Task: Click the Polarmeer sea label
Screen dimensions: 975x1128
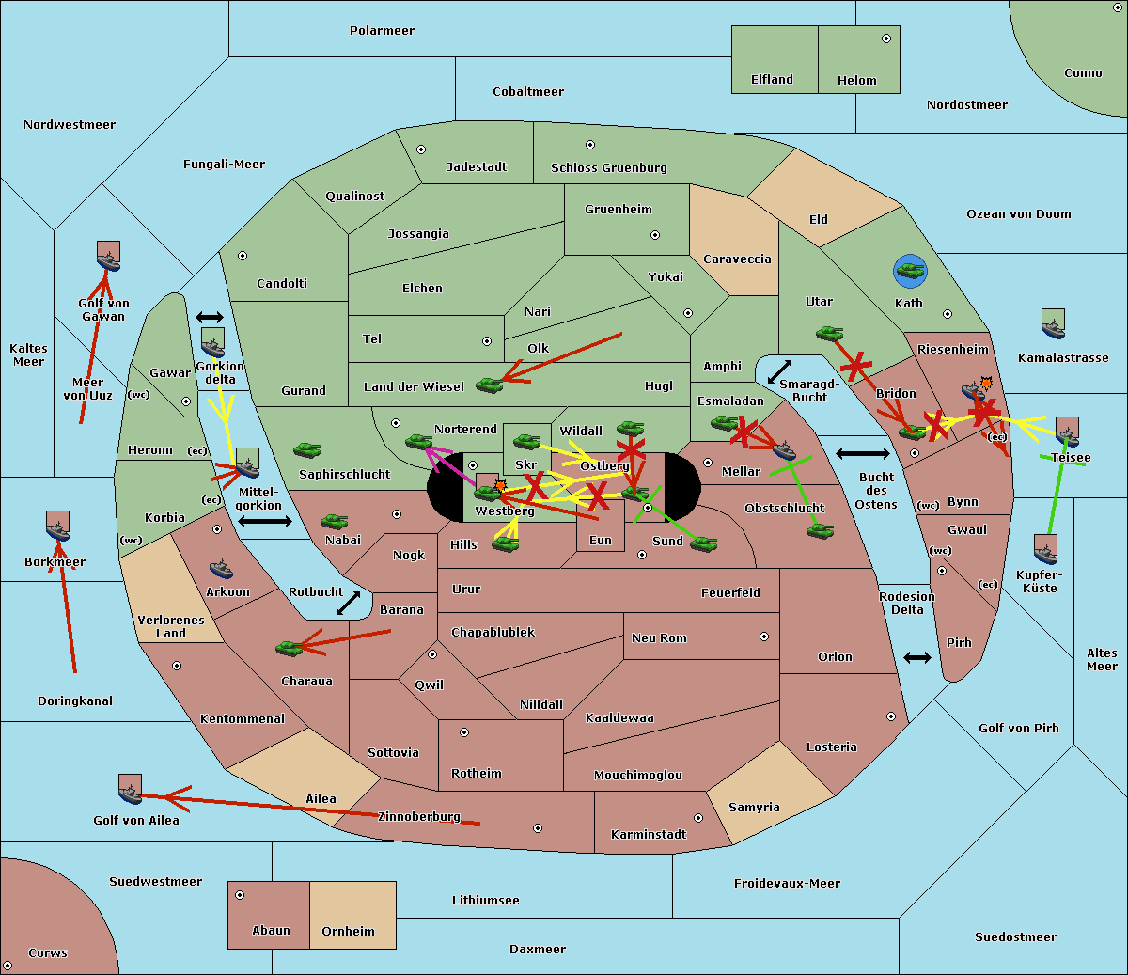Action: point(382,31)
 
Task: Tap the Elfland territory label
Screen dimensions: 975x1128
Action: point(772,80)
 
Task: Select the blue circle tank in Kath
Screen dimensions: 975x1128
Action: point(910,272)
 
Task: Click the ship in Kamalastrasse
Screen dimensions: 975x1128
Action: point(1053,324)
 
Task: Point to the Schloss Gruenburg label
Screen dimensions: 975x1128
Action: point(608,168)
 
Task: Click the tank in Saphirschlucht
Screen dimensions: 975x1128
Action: point(306,450)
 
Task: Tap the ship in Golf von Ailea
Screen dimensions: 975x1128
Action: point(130,790)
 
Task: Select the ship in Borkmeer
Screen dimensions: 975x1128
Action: point(57,527)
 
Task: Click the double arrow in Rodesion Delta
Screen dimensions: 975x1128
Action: point(917,657)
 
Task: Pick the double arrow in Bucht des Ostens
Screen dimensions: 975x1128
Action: point(862,454)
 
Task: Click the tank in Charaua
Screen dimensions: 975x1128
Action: point(290,647)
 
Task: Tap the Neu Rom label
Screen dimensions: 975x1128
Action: point(659,638)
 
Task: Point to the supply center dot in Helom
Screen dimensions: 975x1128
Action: point(885,39)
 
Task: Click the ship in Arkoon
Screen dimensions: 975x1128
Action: point(221,569)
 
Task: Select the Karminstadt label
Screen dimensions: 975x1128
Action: point(648,835)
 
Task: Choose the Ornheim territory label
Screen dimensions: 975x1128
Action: point(348,932)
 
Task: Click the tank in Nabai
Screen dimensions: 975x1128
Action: point(334,522)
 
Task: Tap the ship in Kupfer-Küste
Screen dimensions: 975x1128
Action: point(1045,549)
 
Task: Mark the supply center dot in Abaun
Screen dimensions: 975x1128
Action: point(240,895)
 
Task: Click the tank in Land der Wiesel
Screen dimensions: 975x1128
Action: point(489,385)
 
